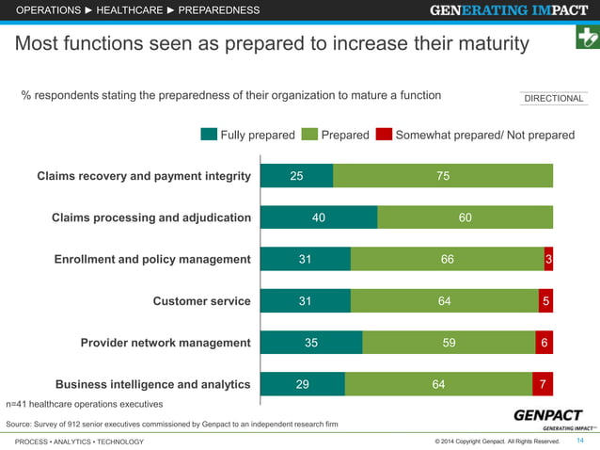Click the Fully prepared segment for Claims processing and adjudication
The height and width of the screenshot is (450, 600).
pyautogui.click(x=319, y=217)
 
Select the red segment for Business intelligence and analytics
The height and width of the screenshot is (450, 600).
pyautogui.click(x=543, y=383)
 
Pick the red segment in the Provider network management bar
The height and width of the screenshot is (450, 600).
pyautogui.click(x=544, y=342)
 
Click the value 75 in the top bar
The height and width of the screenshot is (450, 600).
pyautogui.click(x=443, y=176)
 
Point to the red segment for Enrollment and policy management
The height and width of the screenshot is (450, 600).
pyautogui.click(x=548, y=259)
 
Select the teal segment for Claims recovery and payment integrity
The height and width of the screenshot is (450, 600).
pyautogui.click(x=296, y=176)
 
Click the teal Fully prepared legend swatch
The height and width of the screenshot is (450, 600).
pyautogui.click(x=209, y=135)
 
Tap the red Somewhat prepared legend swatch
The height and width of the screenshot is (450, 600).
pyautogui.click(x=384, y=135)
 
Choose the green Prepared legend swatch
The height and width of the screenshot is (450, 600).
pyautogui.click(x=310, y=135)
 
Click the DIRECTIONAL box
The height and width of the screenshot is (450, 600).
pyautogui.click(x=553, y=99)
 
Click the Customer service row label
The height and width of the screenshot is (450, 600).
pyautogui.click(x=201, y=301)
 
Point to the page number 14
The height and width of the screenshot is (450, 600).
pyautogui.click(x=579, y=441)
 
